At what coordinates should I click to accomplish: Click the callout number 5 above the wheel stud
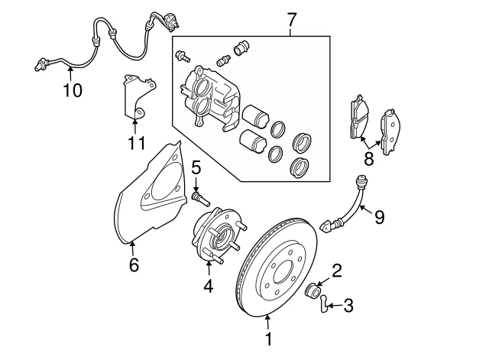(196, 167)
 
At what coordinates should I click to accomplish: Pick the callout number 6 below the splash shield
(134, 265)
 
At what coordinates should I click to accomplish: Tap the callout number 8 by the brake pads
(369, 159)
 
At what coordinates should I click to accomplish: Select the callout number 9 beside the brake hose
(379, 217)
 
